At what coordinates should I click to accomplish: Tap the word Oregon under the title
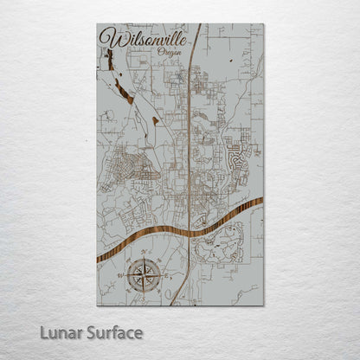tap(170, 53)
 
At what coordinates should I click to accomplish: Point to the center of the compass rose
tap(143, 275)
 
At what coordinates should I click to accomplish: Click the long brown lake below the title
tap(124, 88)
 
